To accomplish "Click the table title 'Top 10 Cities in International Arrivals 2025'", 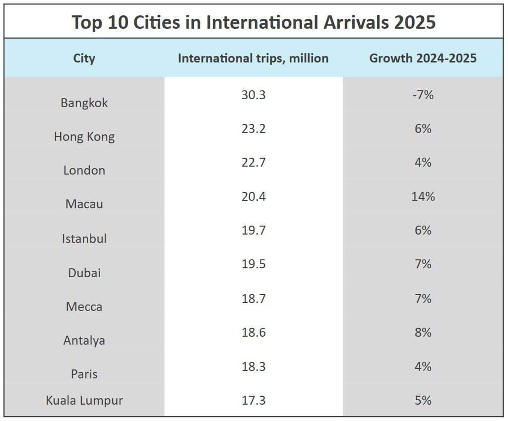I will tap(254, 22).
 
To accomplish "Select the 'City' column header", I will tap(84, 58).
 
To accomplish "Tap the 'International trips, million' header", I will tap(253, 58).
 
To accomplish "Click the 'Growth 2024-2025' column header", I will tap(423, 58).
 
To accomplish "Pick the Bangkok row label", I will tap(84, 103).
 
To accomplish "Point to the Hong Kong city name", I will tap(84, 136).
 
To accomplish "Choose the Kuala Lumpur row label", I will tap(84, 400).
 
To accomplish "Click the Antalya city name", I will tap(84, 341).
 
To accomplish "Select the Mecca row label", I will tap(84, 306).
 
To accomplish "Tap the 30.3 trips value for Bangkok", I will tap(254, 95).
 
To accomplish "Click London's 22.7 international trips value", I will tap(254, 162).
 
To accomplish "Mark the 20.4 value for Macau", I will tap(254, 196).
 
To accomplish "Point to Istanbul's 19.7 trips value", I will tap(254, 230).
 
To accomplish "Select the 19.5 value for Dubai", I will tap(254, 264).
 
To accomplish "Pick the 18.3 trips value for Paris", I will tap(254, 366).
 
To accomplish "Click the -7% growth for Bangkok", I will tap(423, 95).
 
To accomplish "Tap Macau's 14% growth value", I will tap(423, 196).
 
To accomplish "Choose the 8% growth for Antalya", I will tap(423, 332).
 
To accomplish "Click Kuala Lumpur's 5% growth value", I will tap(423, 400).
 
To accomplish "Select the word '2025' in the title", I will tap(415, 22).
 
